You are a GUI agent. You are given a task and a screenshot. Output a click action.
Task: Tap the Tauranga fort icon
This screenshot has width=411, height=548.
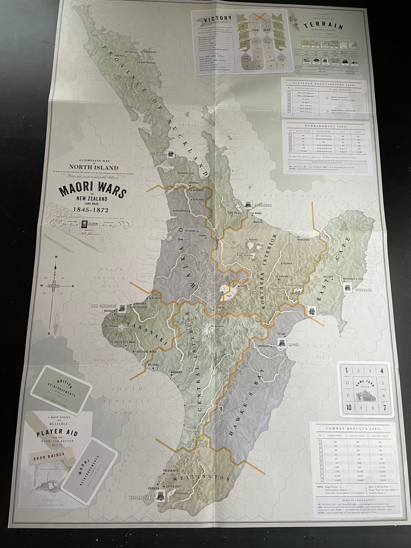[248, 205]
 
